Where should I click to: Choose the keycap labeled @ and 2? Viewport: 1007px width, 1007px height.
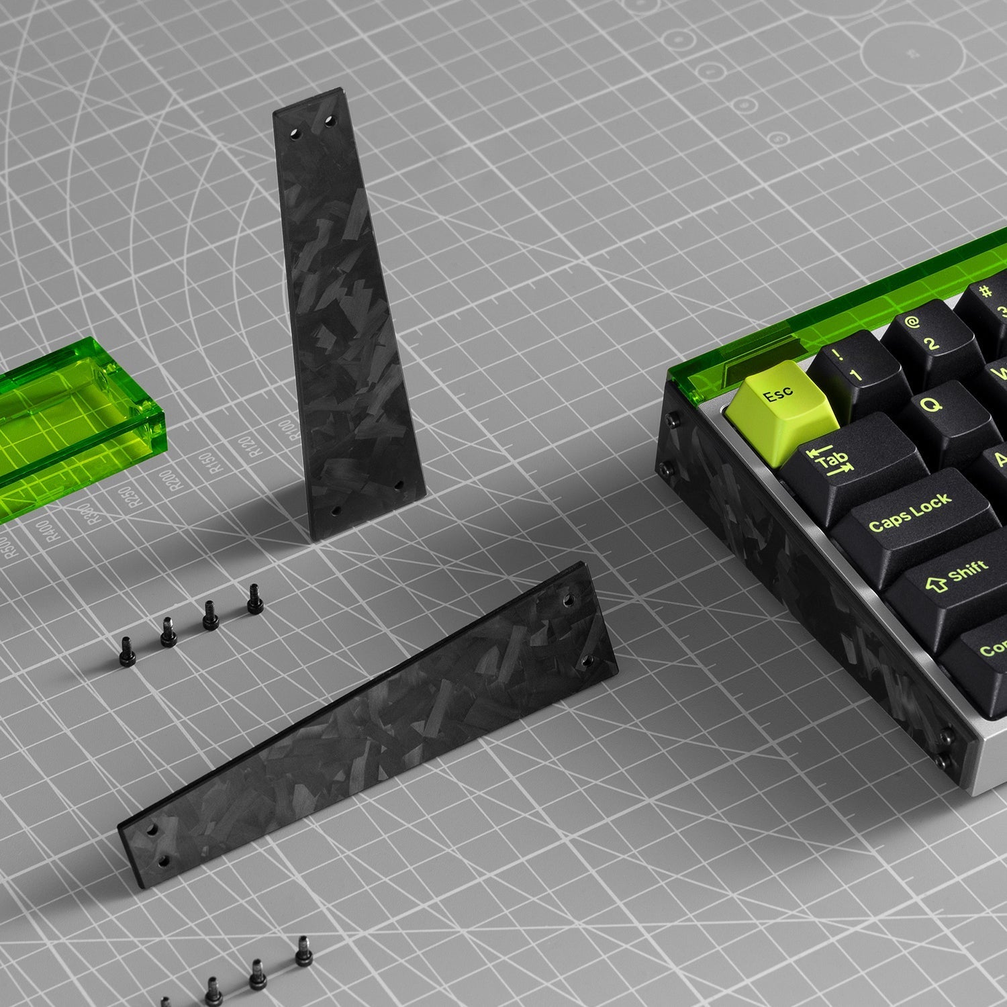coord(926,336)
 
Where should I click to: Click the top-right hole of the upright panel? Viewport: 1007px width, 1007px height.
coord(329,122)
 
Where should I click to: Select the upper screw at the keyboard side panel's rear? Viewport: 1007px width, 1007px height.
coord(670,421)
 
